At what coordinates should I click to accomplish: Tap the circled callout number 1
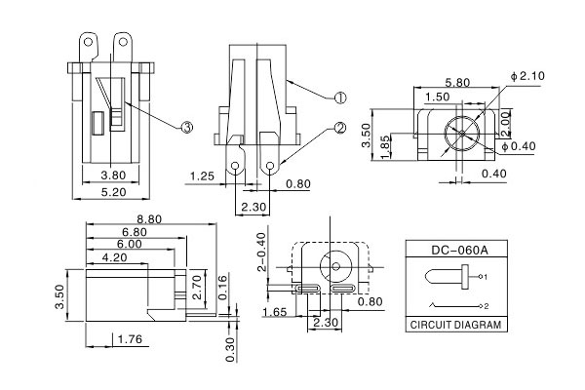340,97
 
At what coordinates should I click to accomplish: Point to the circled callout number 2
340,128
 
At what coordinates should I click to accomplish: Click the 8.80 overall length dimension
149,219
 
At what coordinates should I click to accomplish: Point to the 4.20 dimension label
114,259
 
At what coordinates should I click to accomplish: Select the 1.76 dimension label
128,339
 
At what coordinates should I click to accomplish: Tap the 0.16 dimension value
222,289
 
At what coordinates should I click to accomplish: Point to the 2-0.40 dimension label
260,253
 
